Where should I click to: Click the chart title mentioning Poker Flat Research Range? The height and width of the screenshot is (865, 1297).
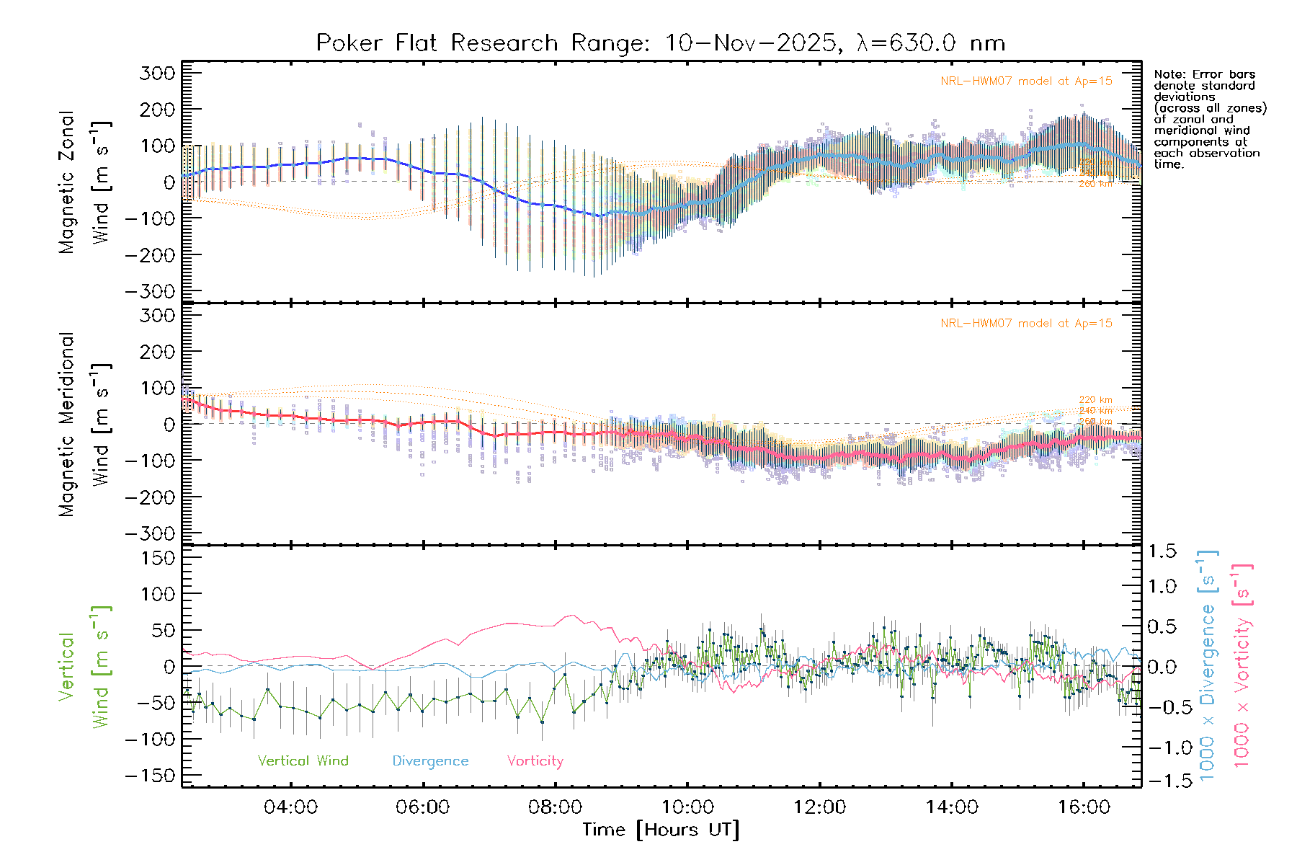coord(660,43)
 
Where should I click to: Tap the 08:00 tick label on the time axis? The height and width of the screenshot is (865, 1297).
coord(555,807)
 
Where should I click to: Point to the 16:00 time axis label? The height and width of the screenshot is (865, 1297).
coord(1084,807)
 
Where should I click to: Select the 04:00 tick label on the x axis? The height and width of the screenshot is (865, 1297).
coord(290,807)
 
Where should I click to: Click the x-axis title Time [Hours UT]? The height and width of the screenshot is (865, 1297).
coord(661,830)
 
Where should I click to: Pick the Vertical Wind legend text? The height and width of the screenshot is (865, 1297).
coord(303,761)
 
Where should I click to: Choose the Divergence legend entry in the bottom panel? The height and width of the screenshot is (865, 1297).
coord(430,761)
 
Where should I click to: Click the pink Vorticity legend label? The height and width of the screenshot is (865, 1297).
coord(535,761)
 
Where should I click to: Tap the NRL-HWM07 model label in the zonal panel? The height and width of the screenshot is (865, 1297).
coord(1026,81)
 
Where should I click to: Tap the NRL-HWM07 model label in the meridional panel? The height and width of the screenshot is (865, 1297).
coord(1026,324)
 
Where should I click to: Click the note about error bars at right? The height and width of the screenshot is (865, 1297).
coord(1209,119)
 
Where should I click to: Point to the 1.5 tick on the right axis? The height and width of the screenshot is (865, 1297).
coord(1162,551)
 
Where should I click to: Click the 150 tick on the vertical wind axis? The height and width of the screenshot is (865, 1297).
coord(159,558)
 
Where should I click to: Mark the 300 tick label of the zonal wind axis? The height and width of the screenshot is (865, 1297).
coord(158,74)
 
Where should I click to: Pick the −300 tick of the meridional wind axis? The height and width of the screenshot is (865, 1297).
coord(150,533)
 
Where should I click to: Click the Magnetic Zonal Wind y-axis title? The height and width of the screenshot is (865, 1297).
coord(85,182)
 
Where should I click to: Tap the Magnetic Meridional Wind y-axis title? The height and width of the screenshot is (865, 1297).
coord(85,424)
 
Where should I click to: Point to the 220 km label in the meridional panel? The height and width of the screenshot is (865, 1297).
coord(1095,400)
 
